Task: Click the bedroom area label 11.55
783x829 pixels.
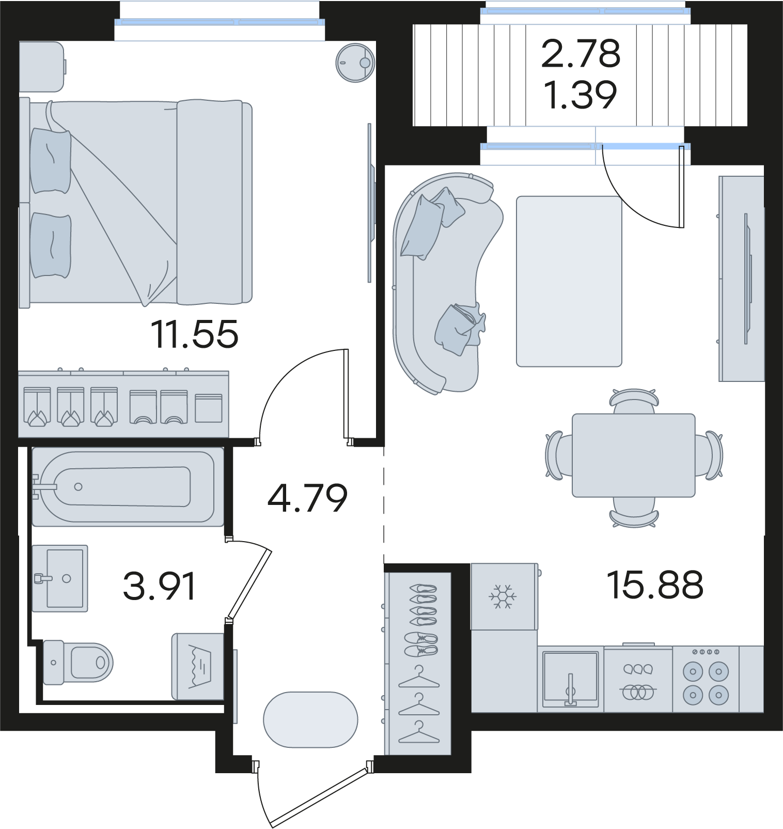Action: tap(194, 334)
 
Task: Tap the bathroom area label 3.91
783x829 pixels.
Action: tap(160, 586)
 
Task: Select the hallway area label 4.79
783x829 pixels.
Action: tap(307, 498)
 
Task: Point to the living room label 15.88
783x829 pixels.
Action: tap(655, 585)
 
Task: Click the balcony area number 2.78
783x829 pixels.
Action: tap(581, 53)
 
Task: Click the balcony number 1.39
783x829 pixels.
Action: tap(581, 95)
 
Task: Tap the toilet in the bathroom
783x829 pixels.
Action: tap(78, 662)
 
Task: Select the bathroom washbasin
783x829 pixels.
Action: tap(60, 578)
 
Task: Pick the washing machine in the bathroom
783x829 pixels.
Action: tap(198, 667)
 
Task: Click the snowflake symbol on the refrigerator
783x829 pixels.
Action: tap(502, 596)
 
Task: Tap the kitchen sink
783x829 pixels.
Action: tap(570, 679)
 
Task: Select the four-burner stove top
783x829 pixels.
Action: tap(706, 679)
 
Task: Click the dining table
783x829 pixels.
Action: tap(633, 455)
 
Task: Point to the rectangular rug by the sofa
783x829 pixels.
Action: tap(569, 281)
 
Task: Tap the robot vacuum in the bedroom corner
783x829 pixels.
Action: tap(355, 63)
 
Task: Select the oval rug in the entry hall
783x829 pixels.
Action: tap(310, 719)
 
